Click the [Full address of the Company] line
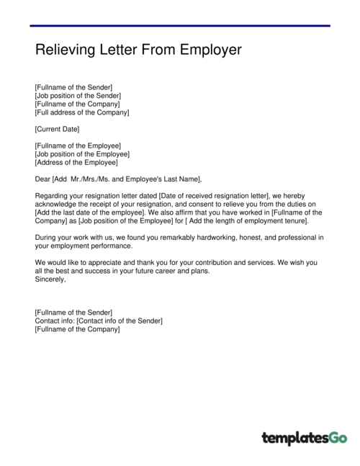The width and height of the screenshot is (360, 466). (81, 112)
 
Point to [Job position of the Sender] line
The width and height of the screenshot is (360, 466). (78, 96)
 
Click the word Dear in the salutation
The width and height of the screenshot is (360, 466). (42, 179)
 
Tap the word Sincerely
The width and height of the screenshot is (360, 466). (50, 279)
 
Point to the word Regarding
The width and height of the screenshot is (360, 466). (52, 195)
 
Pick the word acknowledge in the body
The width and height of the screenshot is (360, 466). (58, 204)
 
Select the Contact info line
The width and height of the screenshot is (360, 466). (98, 320)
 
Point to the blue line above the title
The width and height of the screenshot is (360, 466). (180, 27)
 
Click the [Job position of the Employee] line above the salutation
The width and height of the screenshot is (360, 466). (82, 153)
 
